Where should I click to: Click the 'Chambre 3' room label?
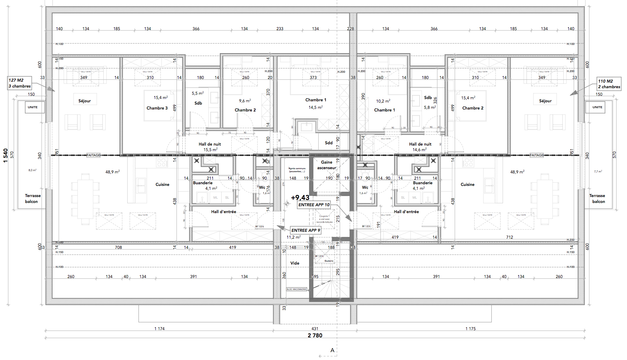click(157, 108)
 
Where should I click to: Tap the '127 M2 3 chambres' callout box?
click(20, 83)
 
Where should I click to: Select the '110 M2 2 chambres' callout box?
click(609, 84)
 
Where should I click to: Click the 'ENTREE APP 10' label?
click(314, 205)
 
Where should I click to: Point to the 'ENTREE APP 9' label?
click(305, 230)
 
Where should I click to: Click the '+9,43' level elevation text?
click(300, 198)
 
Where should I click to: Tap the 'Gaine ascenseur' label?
click(326, 165)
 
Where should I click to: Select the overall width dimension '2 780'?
click(315, 335)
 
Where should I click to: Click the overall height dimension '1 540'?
click(6, 155)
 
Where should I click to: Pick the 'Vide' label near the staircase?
click(295, 263)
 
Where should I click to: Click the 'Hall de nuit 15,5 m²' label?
click(210, 147)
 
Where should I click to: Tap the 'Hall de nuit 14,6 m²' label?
click(420, 147)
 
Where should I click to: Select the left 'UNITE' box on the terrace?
click(33, 107)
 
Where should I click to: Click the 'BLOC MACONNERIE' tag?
click(297, 289)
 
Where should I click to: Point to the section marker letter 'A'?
click(332, 350)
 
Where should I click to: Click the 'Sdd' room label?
click(329, 143)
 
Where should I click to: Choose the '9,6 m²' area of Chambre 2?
click(245, 101)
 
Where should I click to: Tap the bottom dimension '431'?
click(315, 329)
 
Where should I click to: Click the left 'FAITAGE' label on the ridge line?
click(94, 155)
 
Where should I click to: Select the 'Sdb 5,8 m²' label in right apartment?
click(429, 102)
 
